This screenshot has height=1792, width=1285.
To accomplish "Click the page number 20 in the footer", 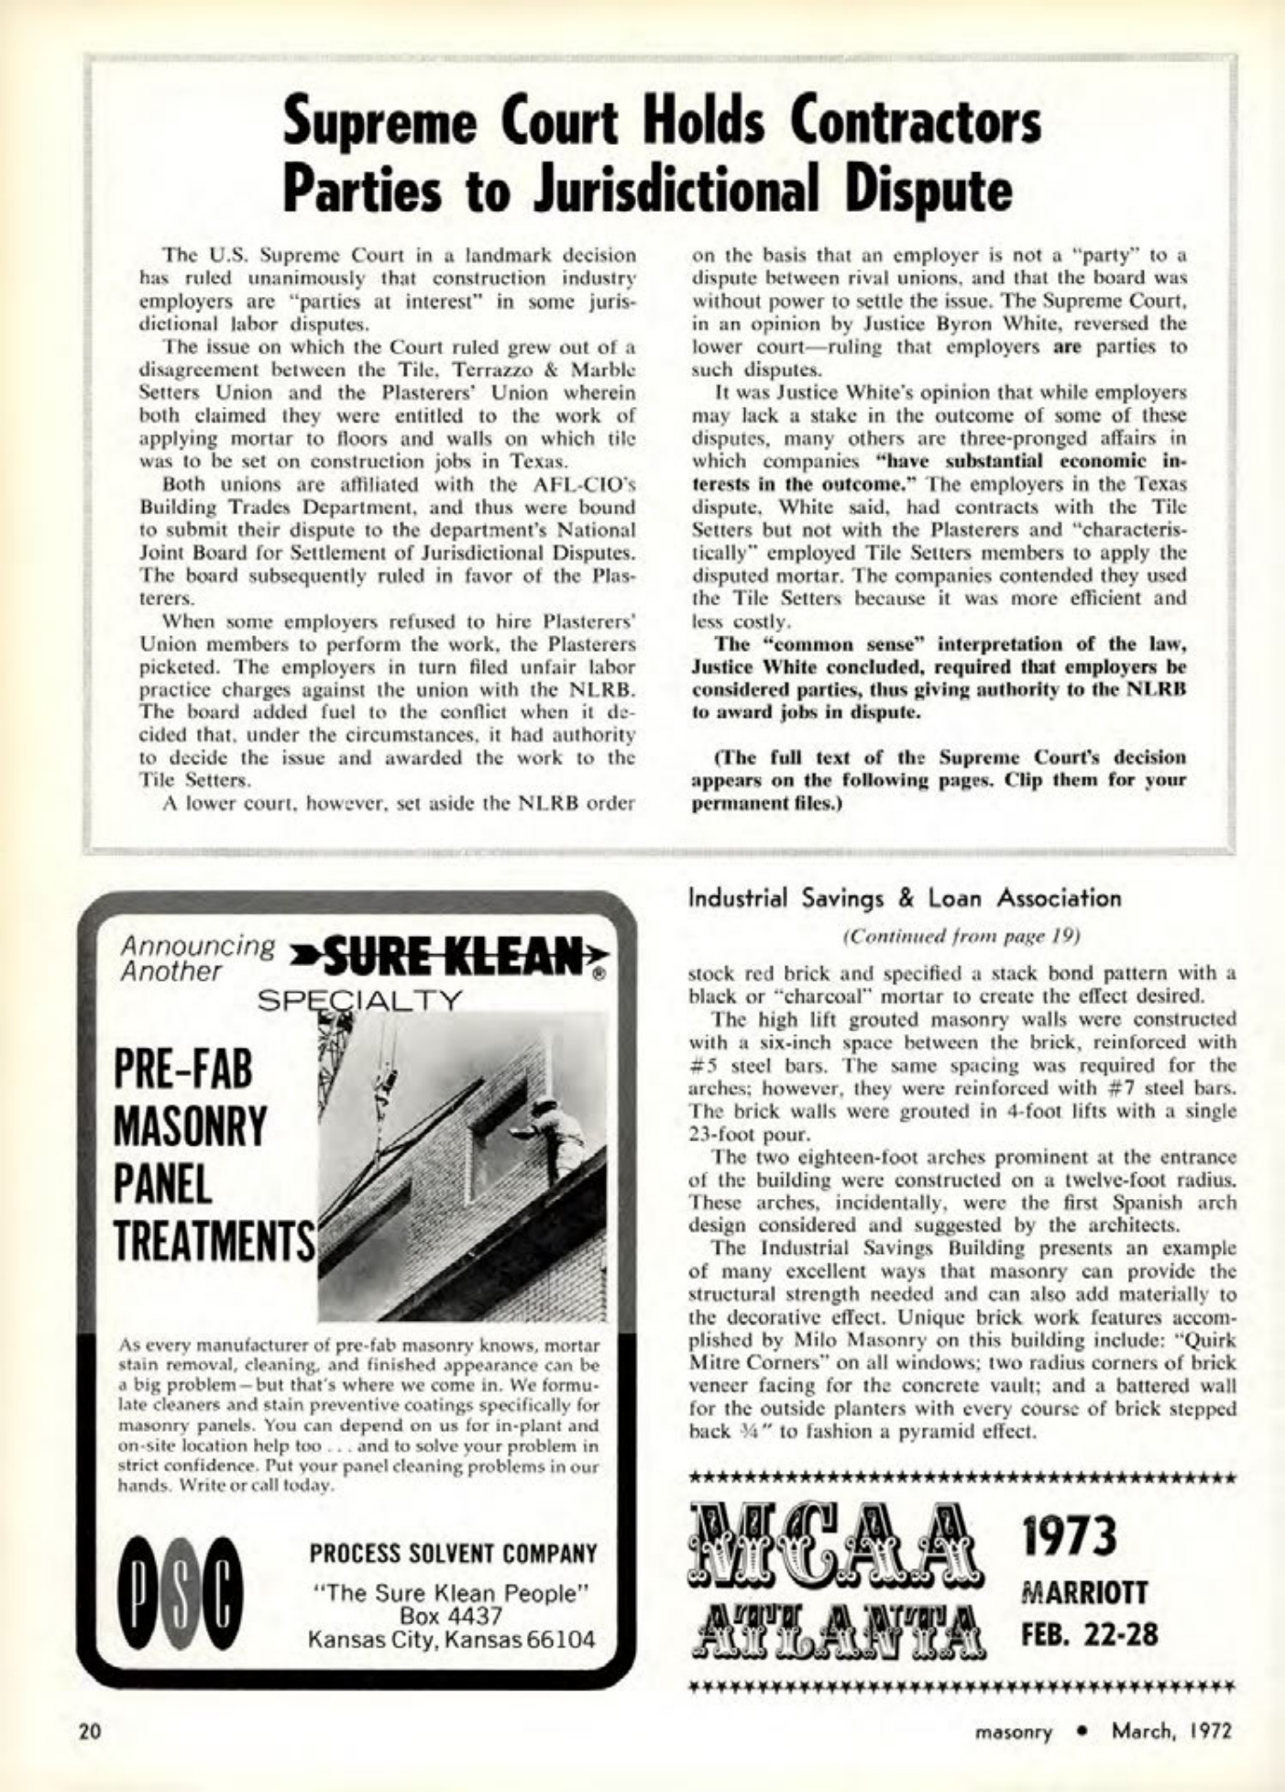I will tap(89, 1731).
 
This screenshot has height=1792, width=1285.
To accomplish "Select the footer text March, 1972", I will tap(1171, 1732).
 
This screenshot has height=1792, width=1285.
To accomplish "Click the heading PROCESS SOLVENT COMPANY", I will tap(453, 1554).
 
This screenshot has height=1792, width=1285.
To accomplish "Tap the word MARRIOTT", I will tap(1084, 1591).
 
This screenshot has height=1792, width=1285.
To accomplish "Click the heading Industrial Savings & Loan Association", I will tap(904, 897).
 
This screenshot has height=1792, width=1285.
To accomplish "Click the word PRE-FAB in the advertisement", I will tap(182, 1070).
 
